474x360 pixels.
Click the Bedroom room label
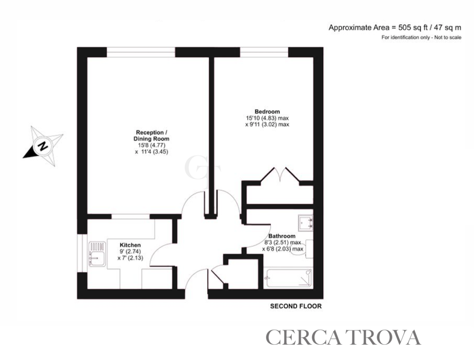[x=267, y=112]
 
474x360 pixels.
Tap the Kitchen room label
[x=130, y=245]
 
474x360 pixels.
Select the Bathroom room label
[x=282, y=236]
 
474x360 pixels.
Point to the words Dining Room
[x=151, y=139]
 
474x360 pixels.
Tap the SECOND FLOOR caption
[x=296, y=306]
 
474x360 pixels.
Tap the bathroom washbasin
[x=306, y=223]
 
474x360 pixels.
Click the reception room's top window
[x=141, y=52]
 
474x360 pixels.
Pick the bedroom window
[x=264, y=52]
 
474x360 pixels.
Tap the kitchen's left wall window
[x=82, y=253]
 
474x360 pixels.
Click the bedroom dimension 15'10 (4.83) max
[x=267, y=118]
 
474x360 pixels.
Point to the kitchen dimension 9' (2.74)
[x=130, y=251]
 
